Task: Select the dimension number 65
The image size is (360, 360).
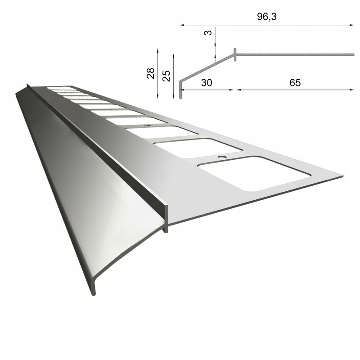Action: click(x=295, y=83)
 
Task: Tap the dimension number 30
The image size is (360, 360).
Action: click(x=206, y=83)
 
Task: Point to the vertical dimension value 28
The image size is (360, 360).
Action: click(x=151, y=73)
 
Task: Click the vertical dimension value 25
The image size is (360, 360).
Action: click(x=166, y=75)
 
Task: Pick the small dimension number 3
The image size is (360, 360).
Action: click(x=208, y=33)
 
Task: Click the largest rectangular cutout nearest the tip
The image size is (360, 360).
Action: click(x=254, y=173)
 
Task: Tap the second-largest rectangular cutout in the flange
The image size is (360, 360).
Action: click(x=198, y=148)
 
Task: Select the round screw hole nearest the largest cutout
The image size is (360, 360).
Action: click(x=221, y=157)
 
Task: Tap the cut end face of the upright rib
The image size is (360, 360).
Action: click(x=166, y=219)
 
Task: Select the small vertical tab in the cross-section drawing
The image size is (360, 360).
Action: click(x=235, y=54)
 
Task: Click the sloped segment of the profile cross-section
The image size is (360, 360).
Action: click(x=207, y=68)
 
